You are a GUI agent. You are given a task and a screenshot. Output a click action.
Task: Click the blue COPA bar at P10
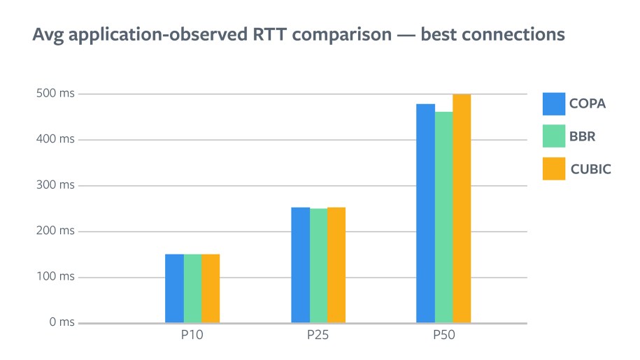174,288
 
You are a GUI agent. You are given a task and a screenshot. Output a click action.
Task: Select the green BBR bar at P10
192,288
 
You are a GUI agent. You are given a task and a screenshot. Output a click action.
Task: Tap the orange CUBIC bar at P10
211,288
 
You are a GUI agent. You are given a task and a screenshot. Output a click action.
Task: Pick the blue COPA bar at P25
300,265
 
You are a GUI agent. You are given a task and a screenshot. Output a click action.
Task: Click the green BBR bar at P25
318,266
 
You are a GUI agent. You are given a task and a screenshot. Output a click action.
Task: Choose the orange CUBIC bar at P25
336,265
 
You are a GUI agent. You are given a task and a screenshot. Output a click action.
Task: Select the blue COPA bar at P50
425,213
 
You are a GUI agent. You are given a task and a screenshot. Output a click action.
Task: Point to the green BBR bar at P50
443,217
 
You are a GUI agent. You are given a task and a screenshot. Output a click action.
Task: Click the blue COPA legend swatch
554,103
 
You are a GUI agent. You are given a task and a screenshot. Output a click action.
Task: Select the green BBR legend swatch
554,136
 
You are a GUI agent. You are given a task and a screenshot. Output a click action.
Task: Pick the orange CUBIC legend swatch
554,168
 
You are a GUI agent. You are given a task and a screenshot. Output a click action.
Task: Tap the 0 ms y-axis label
62,322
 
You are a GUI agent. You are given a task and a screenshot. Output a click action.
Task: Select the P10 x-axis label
192,336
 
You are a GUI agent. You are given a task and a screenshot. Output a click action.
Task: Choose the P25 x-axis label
318,336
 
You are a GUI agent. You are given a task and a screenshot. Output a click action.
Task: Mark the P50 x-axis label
443,336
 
